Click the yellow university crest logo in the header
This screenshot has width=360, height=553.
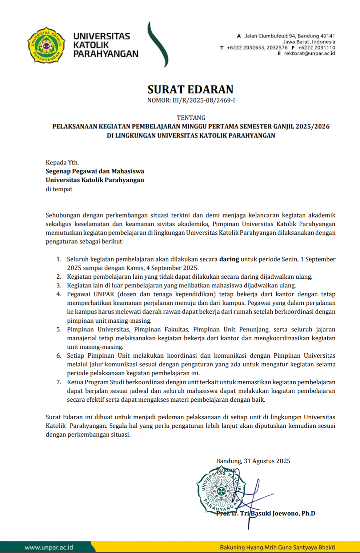[46, 45]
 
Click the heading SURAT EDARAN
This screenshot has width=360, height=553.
[191, 89]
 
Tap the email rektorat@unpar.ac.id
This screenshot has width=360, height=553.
[309, 53]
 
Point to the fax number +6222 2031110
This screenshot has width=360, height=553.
[316, 48]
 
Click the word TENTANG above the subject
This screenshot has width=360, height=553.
[191, 118]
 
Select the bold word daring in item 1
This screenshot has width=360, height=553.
[229, 259]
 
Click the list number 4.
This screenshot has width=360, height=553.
[59, 294]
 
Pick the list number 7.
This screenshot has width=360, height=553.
[59, 382]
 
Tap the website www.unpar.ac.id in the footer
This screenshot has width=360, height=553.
[49, 547]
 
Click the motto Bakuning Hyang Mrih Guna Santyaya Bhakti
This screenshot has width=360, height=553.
[277, 547]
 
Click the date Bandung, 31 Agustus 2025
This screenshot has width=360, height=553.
[253, 461]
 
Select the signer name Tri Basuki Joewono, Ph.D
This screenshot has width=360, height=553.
[277, 513]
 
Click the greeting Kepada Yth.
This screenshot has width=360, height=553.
[62, 163]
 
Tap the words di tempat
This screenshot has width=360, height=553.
[59, 189]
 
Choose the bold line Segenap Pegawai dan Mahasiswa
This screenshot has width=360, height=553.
[95, 171]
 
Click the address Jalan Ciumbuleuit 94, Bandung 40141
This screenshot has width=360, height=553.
[289, 36]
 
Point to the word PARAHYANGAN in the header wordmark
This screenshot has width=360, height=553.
[106, 54]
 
